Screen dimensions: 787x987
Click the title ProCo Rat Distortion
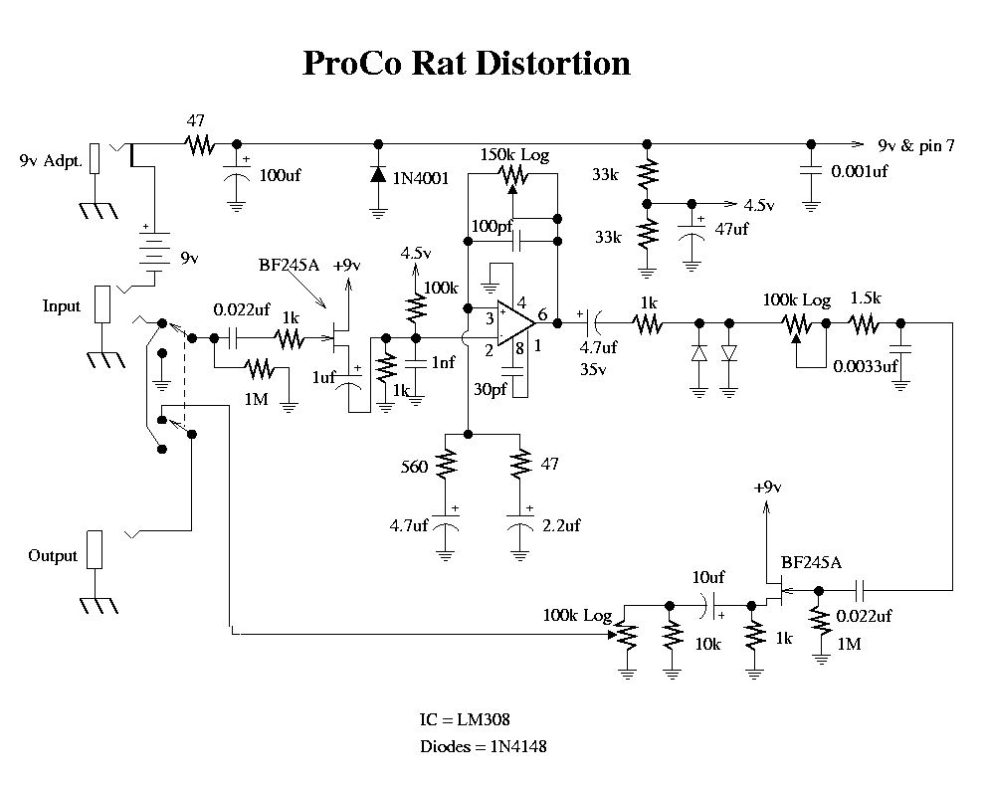[x=466, y=63]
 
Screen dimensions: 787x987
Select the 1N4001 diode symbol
[x=378, y=175]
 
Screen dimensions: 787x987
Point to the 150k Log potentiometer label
[x=514, y=155]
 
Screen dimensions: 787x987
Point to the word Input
[x=61, y=305]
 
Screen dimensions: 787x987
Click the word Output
[x=52, y=555]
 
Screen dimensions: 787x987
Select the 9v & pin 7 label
[x=916, y=145]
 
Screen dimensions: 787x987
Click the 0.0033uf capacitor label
[x=864, y=366]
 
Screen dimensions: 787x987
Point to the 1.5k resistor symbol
[x=865, y=322]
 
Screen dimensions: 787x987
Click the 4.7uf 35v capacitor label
[x=598, y=357]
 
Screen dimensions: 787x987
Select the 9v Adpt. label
[x=50, y=160]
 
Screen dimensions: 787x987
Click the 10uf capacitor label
[x=707, y=576]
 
